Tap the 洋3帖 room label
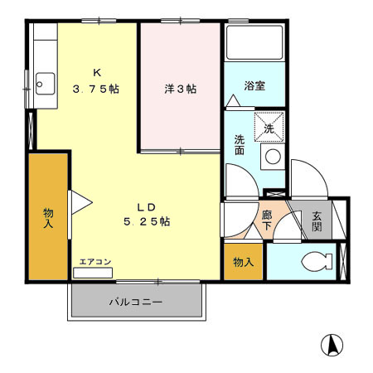(179, 89)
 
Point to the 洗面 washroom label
(239, 145)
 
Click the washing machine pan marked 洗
(269, 128)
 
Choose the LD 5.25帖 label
(147, 214)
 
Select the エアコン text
(95, 262)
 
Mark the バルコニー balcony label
(135, 302)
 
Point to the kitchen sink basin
(45, 84)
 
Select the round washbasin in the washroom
(271, 156)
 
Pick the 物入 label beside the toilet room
(243, 262)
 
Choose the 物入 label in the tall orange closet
(49, 218)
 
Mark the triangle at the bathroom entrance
(234, 101)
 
